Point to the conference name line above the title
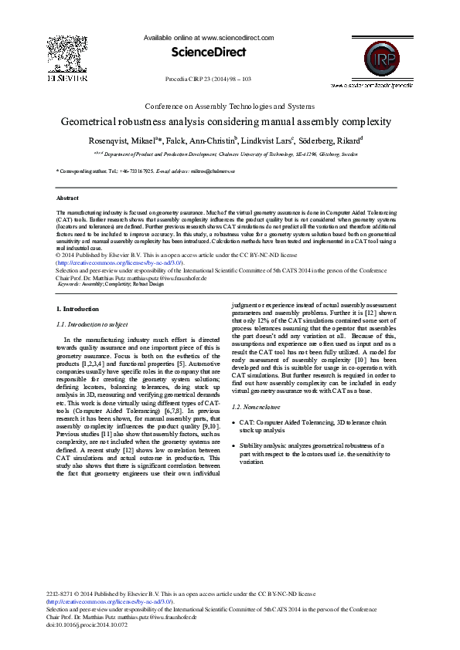coord(230,105)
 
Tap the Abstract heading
coord(68,198)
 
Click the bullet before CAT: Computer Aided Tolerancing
coord(233,423)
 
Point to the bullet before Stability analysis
coord(233,446)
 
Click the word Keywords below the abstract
coord(70,284)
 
